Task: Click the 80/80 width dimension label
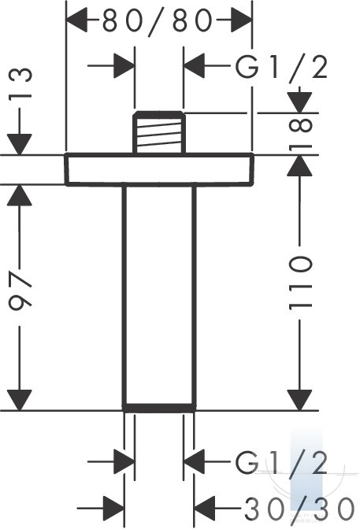coord(158,21)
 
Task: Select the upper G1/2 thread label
coord(281,67)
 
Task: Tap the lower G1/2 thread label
coord(281,462)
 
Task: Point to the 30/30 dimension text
coord(299,508)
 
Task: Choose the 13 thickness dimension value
coord(20,83)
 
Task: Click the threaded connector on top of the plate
coord(159,132)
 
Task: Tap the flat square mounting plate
coord(159,169)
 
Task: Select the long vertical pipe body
coord(159,294)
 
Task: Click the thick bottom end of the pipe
coord(159,408)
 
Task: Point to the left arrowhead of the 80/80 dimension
coord(77,20)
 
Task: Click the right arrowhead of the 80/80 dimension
coord(241,20)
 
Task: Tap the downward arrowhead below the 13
coord(20,144)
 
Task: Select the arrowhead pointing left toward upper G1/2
coord(195,65)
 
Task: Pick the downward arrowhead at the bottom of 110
coord(299,400)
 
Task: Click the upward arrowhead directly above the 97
coord(20,195)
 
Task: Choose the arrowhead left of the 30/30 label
coord(205,508)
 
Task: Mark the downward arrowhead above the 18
coord(300,102)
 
